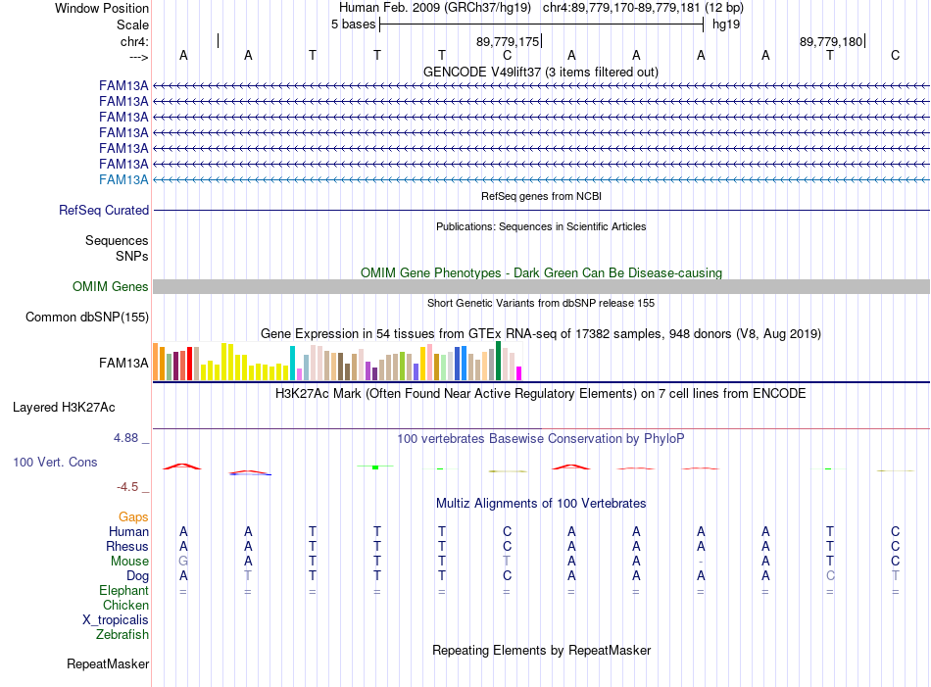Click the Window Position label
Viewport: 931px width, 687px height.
click(102, 8)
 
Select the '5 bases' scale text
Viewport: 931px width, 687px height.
click(353, 25)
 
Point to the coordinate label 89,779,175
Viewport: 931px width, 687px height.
click(508, 41)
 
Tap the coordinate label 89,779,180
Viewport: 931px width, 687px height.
click(831, 41)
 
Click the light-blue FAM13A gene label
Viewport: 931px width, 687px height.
click(123, 180)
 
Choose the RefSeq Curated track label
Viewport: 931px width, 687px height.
click(104, 210)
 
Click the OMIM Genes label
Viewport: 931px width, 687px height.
click(111, 287)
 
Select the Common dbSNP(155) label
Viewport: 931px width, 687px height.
click(87, 318)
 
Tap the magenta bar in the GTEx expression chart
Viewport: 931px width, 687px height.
click(519, 373)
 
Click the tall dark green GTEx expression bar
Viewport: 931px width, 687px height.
click(498, 361)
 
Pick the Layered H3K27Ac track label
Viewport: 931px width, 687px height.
click(64, 408)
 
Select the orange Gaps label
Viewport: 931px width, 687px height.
click(133, 517)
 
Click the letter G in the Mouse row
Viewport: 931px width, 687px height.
click(183, 562)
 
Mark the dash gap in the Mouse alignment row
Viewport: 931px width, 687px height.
click(702, 562)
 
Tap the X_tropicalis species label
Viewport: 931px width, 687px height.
click(116, 620)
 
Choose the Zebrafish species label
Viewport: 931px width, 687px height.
click(122, 635)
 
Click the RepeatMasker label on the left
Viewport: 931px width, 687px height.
click(108, 663)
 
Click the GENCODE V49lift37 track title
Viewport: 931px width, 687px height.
click(541, 72)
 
